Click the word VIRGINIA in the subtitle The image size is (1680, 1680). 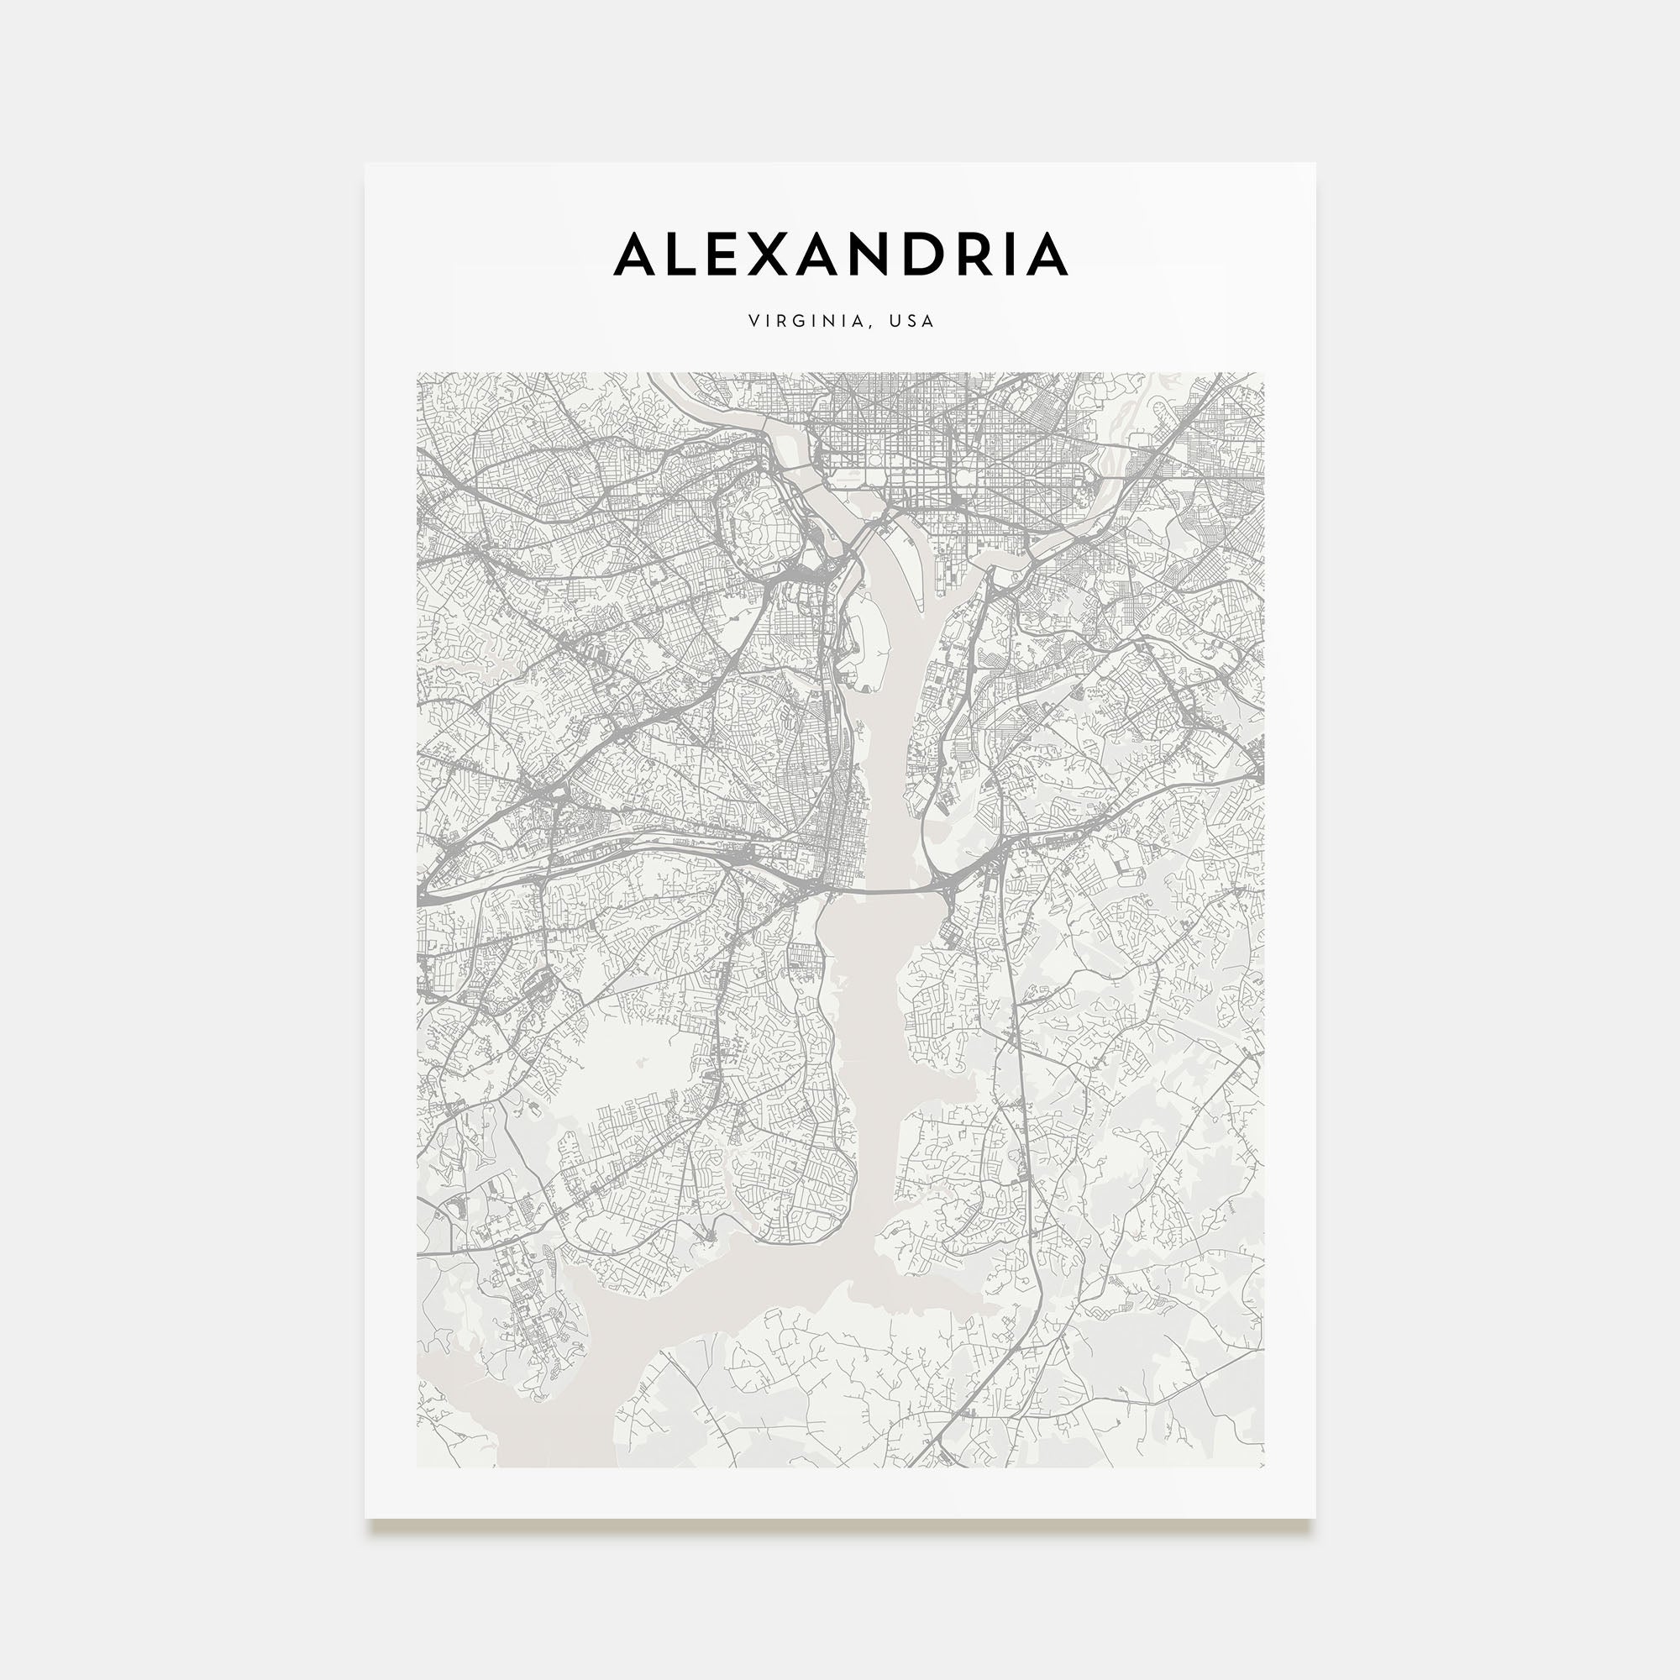click(x=807, y=321)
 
